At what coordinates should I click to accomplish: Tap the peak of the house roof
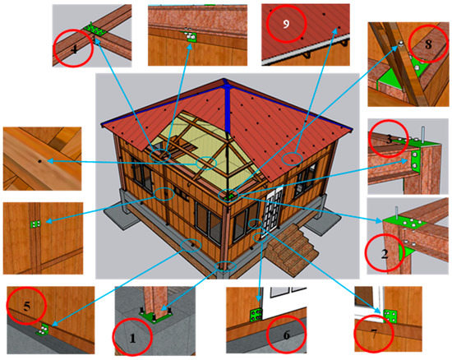[225, 83]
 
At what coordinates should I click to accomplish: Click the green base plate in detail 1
[156, 313]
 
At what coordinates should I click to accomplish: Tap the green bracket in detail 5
[43, 326]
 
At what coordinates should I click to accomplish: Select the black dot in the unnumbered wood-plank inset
[39, 161]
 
